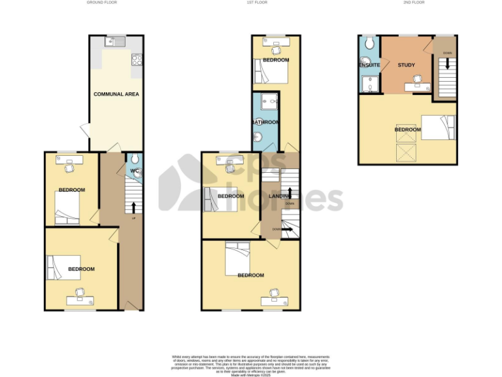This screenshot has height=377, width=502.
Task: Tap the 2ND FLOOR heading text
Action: pos(414,3)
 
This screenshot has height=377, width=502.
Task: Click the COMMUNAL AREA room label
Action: pos(116,94)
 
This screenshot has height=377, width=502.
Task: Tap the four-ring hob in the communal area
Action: pos(137,60)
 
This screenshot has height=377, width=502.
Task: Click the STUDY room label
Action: pos(407,65)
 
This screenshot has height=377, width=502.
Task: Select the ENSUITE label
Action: pos(369,65)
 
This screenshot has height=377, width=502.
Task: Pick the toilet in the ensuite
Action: pos(370,43)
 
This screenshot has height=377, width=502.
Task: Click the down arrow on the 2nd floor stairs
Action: pos(448,63)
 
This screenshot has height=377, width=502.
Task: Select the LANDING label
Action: pos(282,196)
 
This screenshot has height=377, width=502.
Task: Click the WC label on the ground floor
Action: pos(134,171)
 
